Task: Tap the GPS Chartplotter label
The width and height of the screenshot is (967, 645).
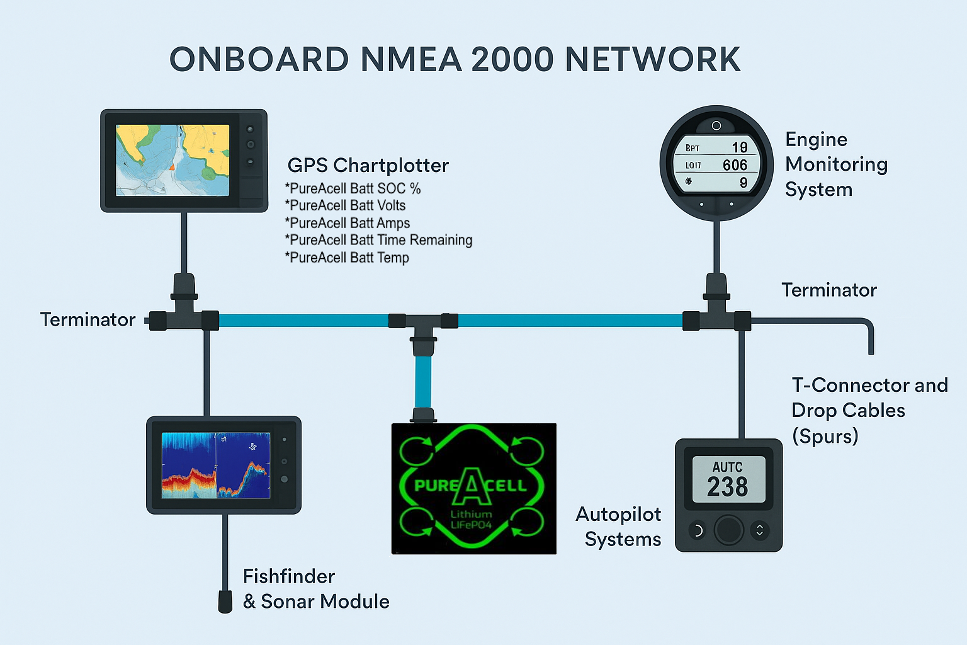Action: point(368,166)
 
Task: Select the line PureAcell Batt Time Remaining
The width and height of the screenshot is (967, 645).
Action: point(379,240)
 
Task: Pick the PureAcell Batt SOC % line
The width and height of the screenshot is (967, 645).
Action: point(353,188)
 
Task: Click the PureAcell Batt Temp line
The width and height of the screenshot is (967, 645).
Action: point(348,258)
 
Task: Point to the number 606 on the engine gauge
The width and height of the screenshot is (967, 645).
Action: point(735,165)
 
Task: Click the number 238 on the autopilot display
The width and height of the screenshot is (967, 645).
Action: point(728,487)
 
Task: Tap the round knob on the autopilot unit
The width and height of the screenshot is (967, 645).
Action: point(728,530)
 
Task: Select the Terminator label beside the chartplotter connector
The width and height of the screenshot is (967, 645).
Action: point(88,319)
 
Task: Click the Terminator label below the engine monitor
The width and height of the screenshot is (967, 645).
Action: point(828,290)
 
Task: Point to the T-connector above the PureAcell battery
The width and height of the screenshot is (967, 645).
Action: point(423,324)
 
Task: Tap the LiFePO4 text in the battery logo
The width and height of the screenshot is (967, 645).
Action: point(470,525)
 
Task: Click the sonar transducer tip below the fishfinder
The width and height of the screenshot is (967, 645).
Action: point(225,602)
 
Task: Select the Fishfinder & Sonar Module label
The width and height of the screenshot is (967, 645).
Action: point(315,589)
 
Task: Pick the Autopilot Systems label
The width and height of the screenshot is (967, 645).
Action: point(619,527)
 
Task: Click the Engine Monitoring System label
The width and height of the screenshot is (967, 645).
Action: point(835,164)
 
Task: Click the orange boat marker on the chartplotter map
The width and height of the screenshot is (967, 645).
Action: point(171,167)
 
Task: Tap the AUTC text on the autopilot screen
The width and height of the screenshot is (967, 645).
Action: point(727,467)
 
